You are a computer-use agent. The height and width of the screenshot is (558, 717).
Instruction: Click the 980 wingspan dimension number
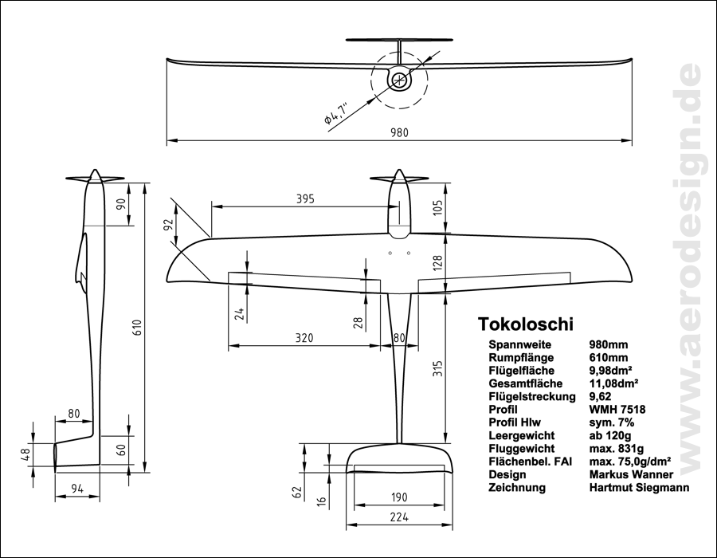click(399, 133)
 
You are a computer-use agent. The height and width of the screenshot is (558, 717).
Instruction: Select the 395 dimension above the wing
click(299, 198)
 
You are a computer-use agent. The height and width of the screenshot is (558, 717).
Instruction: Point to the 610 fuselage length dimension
click(137, 328)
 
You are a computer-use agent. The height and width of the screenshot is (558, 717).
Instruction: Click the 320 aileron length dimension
click(298, 339)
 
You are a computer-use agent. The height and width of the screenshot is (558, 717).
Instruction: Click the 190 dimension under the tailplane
click(399, 497)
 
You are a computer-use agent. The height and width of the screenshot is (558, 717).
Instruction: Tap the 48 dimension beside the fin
click(25, 455)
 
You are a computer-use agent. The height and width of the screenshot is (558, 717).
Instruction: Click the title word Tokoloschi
click(525, 324)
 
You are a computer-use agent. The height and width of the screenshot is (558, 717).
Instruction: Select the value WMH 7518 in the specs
click(617, 410)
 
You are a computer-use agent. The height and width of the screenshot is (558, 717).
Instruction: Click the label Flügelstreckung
click(531, 397)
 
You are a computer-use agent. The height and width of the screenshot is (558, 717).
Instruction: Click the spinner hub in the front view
click(398, 79)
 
